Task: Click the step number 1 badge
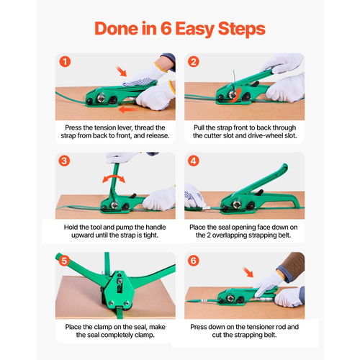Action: click(x=65, y=62)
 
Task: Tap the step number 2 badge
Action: click(x=194, y=62)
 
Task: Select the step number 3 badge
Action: click(x=64, y=161)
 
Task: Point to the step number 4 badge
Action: click(x=194, y=161)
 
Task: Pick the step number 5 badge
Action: click(x=64, y=261)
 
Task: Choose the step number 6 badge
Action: click(x=194, y=261)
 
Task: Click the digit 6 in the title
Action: click(x=166, y=29)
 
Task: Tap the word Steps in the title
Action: click(x=241, y=30)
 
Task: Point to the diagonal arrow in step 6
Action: click(x=248, y=272)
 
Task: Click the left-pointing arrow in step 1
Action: click(x=128, y=110)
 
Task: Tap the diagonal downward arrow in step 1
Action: click(x=122, y=71)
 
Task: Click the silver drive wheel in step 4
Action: click(x=237, y=204)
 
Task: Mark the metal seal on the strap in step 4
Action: click(x=207, y=208)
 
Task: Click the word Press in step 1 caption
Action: click(x=73, y=127)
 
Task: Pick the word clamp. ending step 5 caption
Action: click(x=144, y=335)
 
